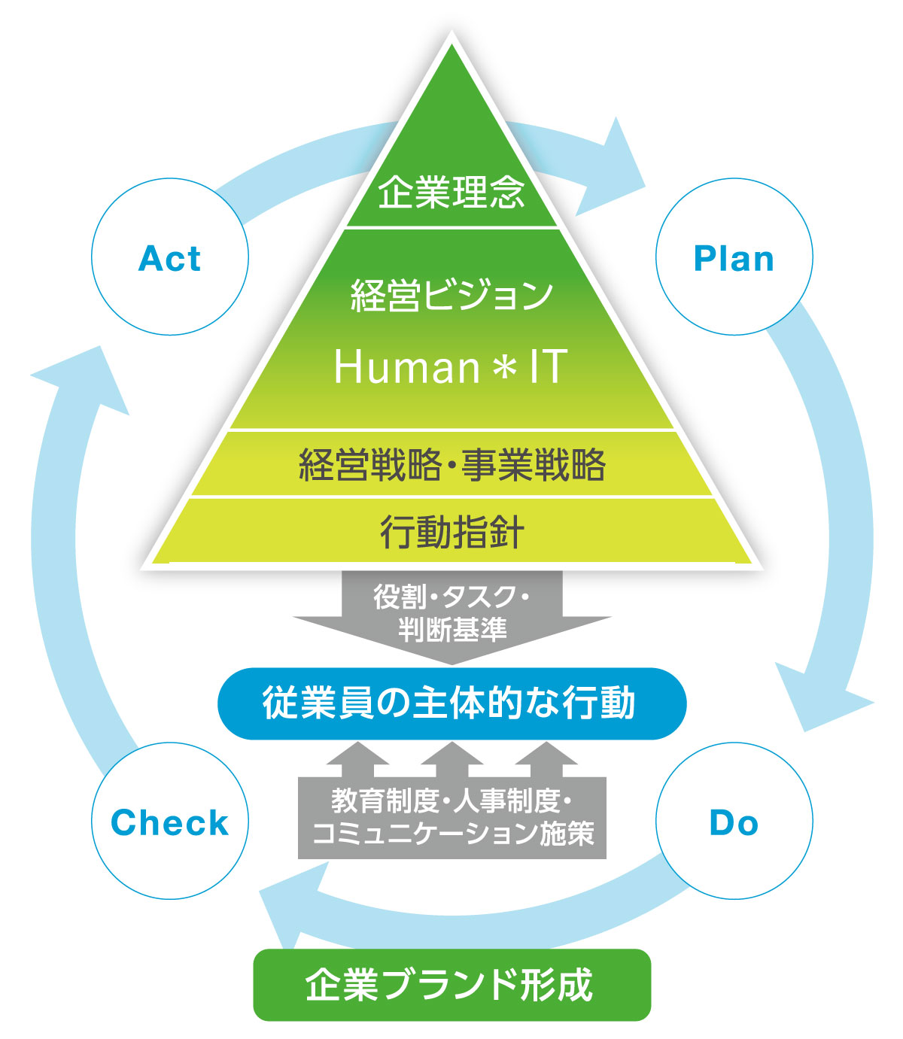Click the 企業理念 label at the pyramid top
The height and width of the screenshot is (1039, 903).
pos(451,192)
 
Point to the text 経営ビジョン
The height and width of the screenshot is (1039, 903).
pos(451,295)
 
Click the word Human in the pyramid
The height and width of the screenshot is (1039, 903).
pos(406,367)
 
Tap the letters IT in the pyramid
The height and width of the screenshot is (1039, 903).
pos(547,367)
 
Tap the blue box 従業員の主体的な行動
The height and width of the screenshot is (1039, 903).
pos(451,703)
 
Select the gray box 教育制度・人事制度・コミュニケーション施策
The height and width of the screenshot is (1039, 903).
pos(451,819)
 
